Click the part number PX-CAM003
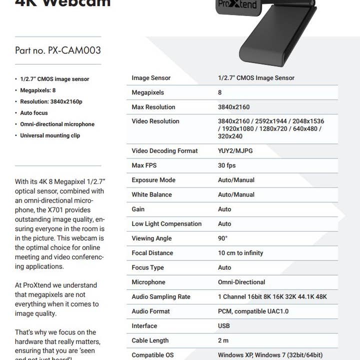click(x=58, y=50)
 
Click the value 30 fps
click(x=226, y=165)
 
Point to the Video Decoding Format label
click(x=164, y=151)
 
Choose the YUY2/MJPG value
click(x=235, y=151)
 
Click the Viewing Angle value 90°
click(x=222, y=238)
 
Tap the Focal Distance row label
click(x=152, y=253)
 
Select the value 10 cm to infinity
click(x=240, y=253)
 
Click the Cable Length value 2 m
click(x=223, y=340)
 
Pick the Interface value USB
click(x=224, y=326)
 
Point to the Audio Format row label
click(x=150, y=311)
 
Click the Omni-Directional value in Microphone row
click(x=241, y=282)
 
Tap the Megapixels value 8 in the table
click(x=220, y=92)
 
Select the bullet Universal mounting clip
click(x=50, y=135)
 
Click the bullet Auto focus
click(x=34, y=113)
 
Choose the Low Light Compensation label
click(x=166, y=224)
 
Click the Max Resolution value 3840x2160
click(x=233, y=107)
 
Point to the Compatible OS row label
click(x=152, y=355)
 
